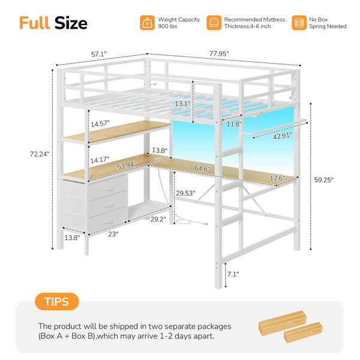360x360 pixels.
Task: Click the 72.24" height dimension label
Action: [x=40, y=154]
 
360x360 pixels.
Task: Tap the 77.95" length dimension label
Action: [x=219, y=54]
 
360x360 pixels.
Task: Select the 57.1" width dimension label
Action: [x=99, y=55]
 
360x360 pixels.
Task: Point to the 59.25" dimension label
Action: [x=324, y=180]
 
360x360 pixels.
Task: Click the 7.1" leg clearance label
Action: [x=233, y=274]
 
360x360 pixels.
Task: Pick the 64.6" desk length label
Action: [x=202, y=168]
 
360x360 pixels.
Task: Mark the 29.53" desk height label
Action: [x=185, y=193]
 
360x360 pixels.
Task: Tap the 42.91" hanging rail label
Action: [x=283, y=136]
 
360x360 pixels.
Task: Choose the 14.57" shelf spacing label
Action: [x=100, y=124]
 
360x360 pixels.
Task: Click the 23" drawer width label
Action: [x=113, y=234]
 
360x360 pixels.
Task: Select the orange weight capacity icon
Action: [x=147, y=23]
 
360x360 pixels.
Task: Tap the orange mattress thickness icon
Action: [x=214, y=23]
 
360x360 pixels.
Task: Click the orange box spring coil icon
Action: [x=299, y=23]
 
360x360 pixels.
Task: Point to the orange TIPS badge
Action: [x=57, y=301]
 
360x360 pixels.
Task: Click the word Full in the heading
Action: [x=34, y=23]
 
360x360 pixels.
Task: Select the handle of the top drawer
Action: [x=109, y=189]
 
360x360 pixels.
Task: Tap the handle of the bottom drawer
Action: [x=109, y=221]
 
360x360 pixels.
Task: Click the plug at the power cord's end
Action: [x=205, y=223]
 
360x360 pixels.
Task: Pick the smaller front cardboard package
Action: [x=303, y=332]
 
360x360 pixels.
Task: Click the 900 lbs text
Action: [x=167, y=26]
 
